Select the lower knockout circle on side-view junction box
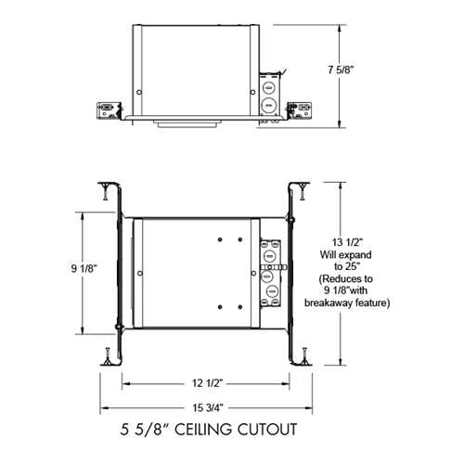tap(268, 108)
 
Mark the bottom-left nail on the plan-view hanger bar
tap(108, 354)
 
